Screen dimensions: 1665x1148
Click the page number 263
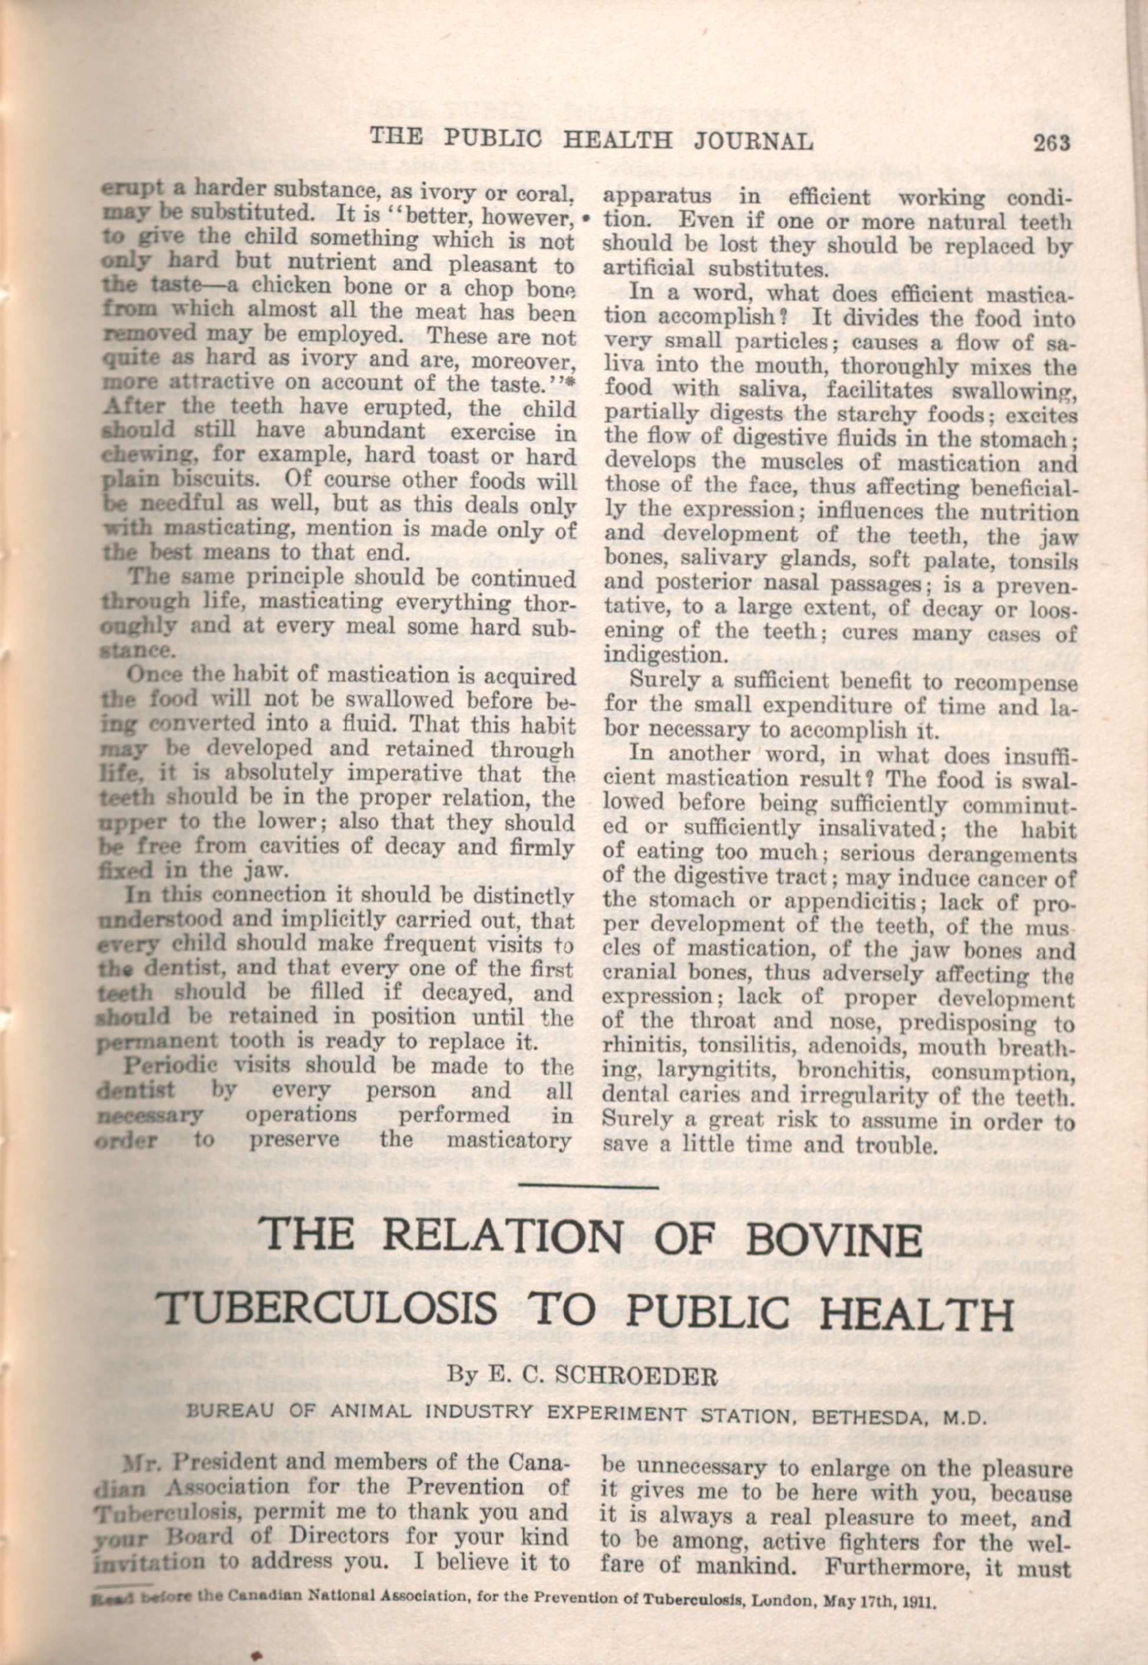[x=1052, y=142]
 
